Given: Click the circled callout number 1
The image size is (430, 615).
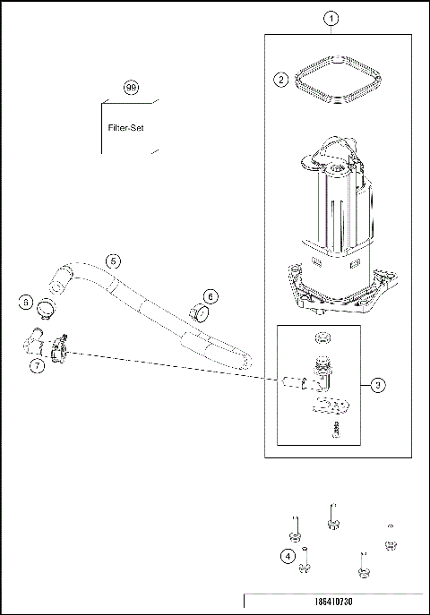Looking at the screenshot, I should tap(331, 18).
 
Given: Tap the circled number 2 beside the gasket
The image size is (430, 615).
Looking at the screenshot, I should tap(281, 79).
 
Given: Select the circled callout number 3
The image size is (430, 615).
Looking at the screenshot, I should tap(379, 385).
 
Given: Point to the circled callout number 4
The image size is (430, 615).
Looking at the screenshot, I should tap(288, 556).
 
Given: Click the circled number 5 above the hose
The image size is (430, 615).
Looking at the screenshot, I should tap(113, 261).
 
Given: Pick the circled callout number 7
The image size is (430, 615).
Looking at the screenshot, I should tap(36, 365).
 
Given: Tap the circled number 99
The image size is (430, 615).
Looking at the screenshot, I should tap(132, 88).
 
